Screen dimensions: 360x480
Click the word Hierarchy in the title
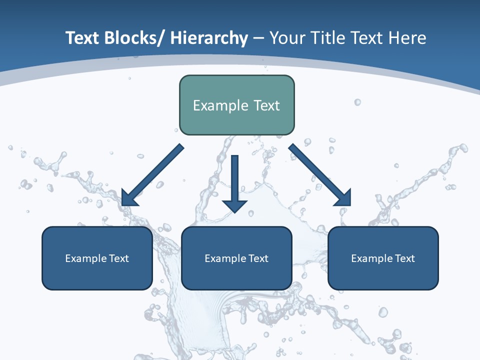coord(208,38)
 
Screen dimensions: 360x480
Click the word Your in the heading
coord(287,38)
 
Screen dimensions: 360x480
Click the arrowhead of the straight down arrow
coord(235,206)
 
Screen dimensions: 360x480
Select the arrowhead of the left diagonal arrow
coord(128,199)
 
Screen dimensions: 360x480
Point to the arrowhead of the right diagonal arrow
coord(344,198)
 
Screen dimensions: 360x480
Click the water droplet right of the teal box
coord(357,102)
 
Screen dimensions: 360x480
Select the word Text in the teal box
coord(265,106)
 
